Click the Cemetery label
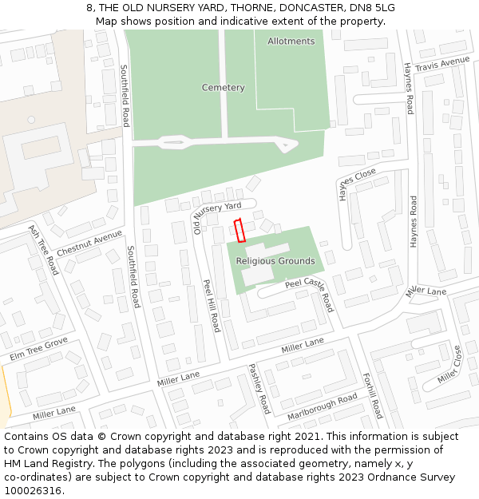coord(223,87)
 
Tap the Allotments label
coord(291,41)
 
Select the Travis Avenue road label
coord(441,64)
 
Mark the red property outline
coord(238,230)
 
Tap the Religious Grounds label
coord(275,261)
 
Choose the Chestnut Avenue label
coord(89,243)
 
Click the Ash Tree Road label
coord(43,250)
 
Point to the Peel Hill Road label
coord(211,305)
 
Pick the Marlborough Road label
coord(322,406)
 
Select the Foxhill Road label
coord(372,395)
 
